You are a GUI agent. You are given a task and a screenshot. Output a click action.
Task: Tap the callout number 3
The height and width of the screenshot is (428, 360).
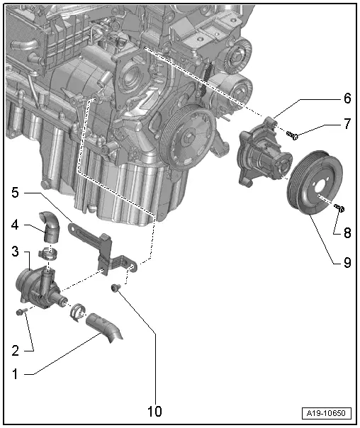tap(16, 253)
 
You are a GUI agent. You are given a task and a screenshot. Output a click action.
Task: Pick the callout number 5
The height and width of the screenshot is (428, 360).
tap(16, 191)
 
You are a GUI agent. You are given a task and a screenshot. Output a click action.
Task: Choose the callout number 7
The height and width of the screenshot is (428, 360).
tap(347, 125)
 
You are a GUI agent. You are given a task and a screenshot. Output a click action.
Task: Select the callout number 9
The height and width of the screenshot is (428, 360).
tap(347, 260)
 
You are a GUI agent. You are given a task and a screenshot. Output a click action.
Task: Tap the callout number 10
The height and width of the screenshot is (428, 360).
tap(154, 411)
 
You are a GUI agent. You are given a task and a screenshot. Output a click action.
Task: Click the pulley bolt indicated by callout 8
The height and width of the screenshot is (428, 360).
tap(339, 208)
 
